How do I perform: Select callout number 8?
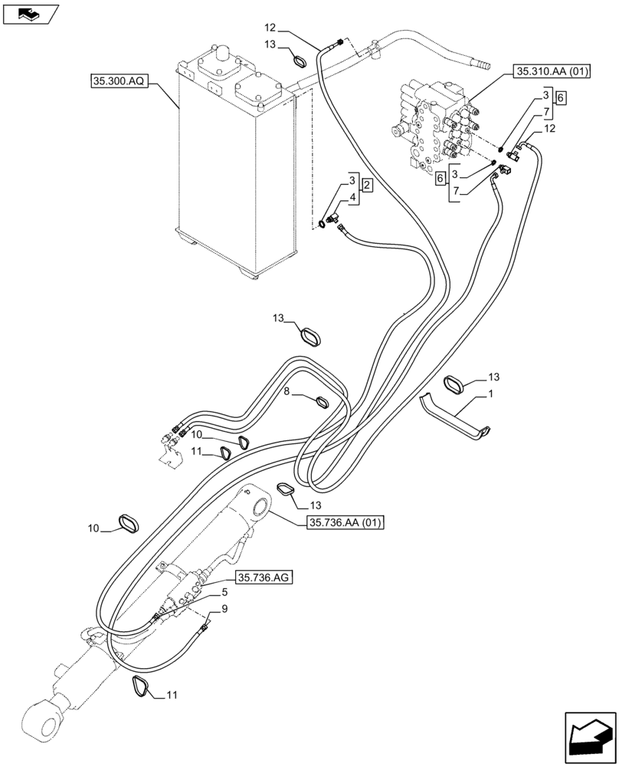tap(287, 391)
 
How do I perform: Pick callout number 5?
tap(224, 592)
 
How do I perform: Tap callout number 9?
tap(224, 610)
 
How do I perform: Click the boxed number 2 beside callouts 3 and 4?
tap(367, 187)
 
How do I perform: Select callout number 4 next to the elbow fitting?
tap(352, 199)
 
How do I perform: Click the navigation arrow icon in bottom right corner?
tap(589, 737)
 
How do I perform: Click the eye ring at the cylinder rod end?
tap(36, 720)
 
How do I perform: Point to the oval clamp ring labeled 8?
tap(323, 401)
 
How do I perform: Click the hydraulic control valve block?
tap(433, 127)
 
